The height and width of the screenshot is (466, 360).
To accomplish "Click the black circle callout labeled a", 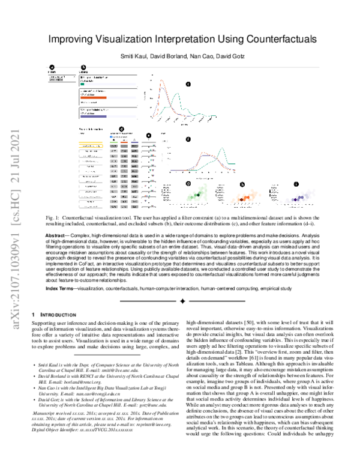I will [51, 67].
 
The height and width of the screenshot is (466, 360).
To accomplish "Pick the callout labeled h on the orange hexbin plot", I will [242, 185].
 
